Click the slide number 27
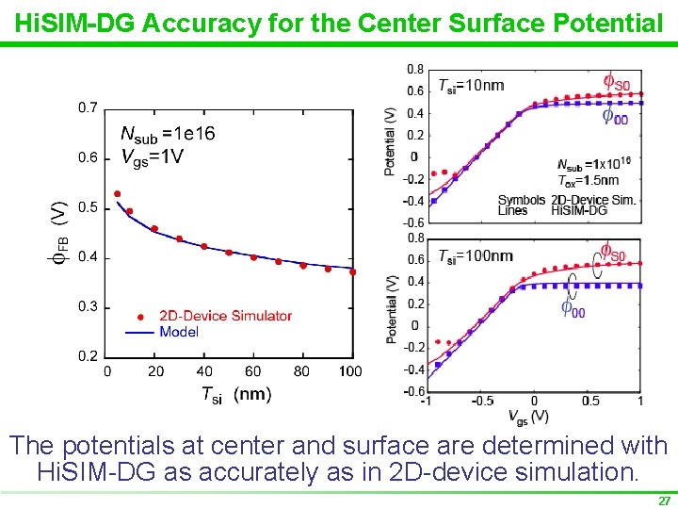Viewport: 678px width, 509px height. pyautogui.click(x=664, y=501)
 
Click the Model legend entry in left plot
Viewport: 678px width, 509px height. pyautogui.click(x=179, y=332)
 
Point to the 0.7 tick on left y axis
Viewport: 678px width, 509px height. pyautogui.click(x=87, y=108)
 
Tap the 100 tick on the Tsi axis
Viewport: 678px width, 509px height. pyautogui.click(x=350, y=371)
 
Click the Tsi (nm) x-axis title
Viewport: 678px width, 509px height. pyautogui.click(x=235, y=395)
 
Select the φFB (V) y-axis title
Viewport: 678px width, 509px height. pyautogui.click(x=58, y=227)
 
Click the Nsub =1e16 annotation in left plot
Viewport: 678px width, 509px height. pyautogui.click(x=168, y=134)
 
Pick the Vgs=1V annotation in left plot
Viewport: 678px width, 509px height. pyautogui.click(x=152, y=156)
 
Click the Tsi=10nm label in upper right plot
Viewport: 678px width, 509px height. pyautogui.click(x=471, y=86)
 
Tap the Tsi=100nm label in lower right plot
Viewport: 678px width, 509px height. pyautogui.click(x=476, y=255)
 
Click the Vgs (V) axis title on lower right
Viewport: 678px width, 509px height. pyautogui.click(x=528, y=415)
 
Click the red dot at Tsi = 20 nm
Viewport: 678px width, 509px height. pyautogui.click(x=154, y=229)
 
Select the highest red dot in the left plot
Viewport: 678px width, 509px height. pyautogui.click(x=117, y=194)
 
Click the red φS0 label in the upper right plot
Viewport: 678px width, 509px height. pyautogui.click(x=616, y=83)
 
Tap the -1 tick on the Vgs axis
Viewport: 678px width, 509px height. pyautogui.click(x=428, y=401)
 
